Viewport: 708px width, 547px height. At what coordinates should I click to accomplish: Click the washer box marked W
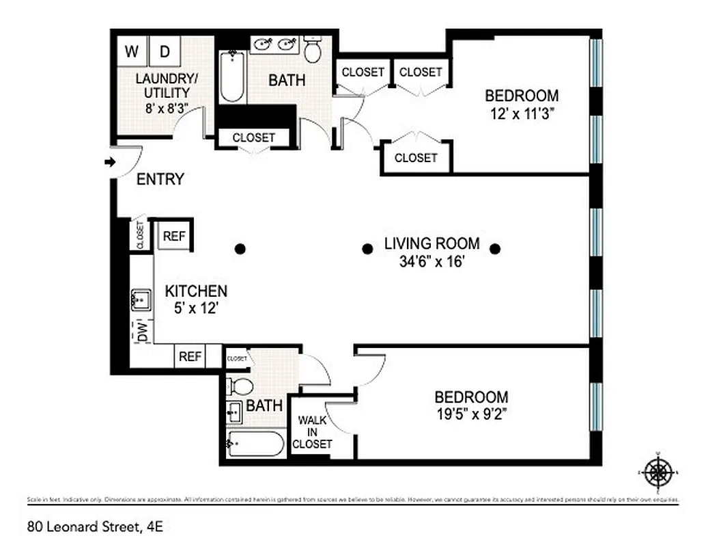pyautogui.click(x=132, y=51)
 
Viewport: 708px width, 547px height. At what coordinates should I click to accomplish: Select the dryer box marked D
pyautogui.click(x=165, y=51)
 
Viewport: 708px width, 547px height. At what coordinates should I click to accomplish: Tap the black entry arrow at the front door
pyautogui.click(x=109, y=162)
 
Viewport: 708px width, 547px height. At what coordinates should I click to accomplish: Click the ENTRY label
pyautogui.click(x=160, y=180)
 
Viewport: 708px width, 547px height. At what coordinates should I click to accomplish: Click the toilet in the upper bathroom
pyautogui.click(x=313, y=49)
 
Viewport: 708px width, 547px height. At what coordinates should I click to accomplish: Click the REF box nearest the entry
pyautogui.click(x=174, y=237)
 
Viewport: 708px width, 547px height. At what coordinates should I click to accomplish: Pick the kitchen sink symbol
pyautogui.click(x=142, y=299)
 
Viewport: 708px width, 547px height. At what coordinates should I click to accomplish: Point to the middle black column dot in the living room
pyautogui.click(x=367, y=249)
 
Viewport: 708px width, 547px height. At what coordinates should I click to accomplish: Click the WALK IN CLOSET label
pyautogui.click(x=312, y=433)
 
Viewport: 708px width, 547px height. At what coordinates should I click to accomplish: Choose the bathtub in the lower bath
pyautogui.click(x=254, y=444)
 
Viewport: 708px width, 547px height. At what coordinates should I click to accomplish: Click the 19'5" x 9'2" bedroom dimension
pyautogui.click(x=471, y=413)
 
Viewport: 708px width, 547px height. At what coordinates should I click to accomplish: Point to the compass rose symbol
pyautogui.click(x=659, y=471)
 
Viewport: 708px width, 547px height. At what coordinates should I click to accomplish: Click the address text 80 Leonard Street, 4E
pyautogui.click(x=96, y=526)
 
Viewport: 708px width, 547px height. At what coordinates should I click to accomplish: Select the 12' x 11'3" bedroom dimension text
pyautogui.click(x=522, y=114)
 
